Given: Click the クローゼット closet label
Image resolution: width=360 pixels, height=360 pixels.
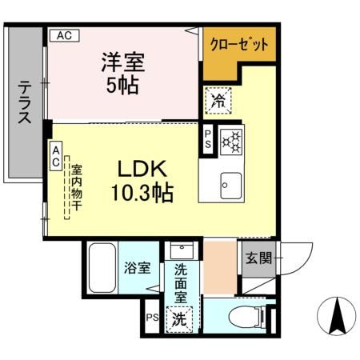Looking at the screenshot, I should tap(239, 45).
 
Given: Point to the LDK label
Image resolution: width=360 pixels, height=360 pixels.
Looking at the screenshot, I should tap(142, 170).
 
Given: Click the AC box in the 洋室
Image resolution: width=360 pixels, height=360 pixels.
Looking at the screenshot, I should tap(64, 34).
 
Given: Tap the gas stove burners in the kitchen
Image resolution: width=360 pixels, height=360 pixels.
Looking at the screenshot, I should tap(233, 142).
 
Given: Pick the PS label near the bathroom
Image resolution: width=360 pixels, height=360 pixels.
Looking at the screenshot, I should tap(152, 317).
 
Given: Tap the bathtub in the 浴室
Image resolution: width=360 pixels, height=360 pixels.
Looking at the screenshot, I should tap(102, 267).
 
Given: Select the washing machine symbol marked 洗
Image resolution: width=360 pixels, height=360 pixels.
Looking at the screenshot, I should tap(181, 318).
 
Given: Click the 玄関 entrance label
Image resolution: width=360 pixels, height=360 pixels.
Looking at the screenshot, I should tap(258, 259).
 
